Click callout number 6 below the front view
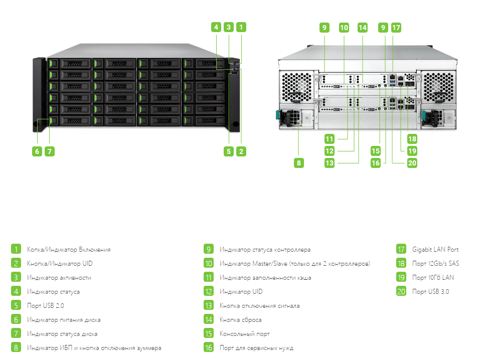[37, 151]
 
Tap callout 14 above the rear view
[363, 28]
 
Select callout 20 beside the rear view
[412, 163]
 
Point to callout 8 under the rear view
[299, 163]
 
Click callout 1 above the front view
[241, 27]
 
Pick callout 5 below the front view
[229, 151]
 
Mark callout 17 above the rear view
[396, 28]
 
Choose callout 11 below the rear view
[329, 138]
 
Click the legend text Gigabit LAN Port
[435, 249]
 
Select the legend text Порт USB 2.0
[45, 306]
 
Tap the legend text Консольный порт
[244, 334]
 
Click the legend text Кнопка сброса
[240, 319]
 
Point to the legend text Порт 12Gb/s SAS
[435, 263]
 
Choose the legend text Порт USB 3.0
[430, 291]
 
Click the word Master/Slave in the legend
[270, 263]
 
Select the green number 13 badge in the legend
[209, 305]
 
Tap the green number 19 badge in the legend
[401, 277]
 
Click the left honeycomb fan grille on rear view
[297, 87]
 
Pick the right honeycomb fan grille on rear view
[438, 87]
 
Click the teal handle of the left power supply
[278, 114]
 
